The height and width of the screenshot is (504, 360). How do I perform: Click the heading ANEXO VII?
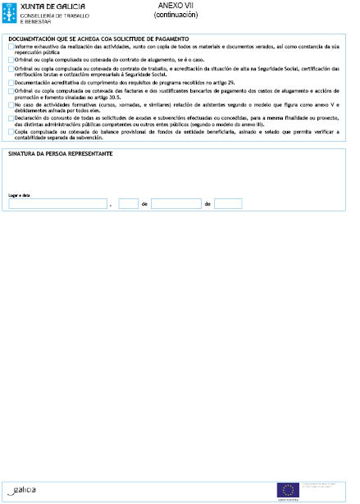(x=176, y=6)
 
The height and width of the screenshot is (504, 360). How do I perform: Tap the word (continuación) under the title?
(x=176, y=15)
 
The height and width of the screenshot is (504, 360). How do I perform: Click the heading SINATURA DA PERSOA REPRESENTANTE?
(x=61, y=154)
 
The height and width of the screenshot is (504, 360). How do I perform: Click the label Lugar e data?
(x=18, y=195)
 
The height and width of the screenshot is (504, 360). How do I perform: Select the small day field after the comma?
(x=128, y=203)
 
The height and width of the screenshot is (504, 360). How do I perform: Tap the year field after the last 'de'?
(x=228, y=203)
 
